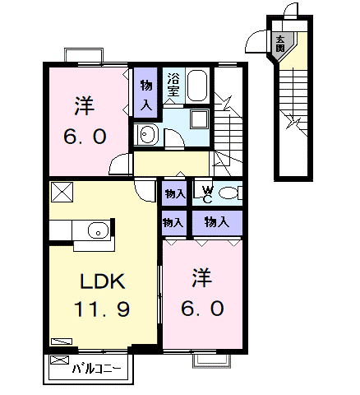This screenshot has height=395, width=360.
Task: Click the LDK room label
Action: [103, 281]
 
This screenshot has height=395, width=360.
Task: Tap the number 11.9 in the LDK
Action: [102, 309]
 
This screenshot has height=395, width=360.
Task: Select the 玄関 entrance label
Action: [280, 44]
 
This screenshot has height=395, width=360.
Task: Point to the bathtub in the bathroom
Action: [197, 86]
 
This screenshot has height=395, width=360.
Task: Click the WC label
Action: [208, 194]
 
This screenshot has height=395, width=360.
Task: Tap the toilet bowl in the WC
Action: [228, 193]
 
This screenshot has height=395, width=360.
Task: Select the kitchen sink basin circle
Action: [98, 230]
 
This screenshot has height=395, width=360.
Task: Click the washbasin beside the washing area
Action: [145, 135]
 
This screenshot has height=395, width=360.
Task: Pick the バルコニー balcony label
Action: [96, 369]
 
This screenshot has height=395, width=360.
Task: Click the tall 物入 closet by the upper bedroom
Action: [146, 93]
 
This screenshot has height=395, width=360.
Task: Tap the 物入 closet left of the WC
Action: [175, 193]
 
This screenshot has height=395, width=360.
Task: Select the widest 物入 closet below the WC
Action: [217, 223]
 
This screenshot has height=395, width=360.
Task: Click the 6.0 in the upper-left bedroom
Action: [85, 137]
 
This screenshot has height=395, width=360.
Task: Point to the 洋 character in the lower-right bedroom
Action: [202, 277]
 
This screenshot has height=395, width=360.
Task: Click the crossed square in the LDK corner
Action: [62, 192]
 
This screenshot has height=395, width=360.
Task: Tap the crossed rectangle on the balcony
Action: [59, 360]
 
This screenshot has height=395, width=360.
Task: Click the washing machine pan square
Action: [200, 119]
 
